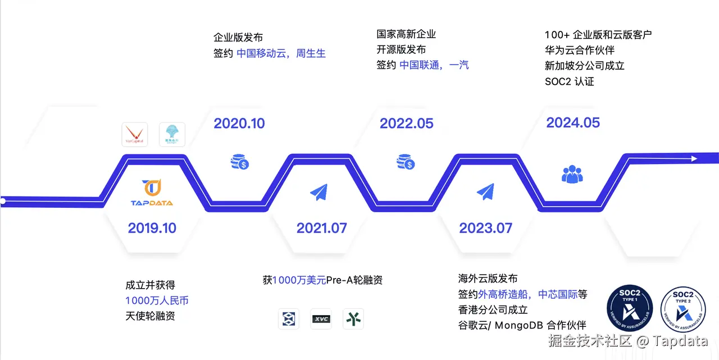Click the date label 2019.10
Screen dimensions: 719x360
152,228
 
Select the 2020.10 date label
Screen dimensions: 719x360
239,124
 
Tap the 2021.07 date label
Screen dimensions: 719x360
321,229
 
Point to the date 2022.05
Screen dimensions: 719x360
406,124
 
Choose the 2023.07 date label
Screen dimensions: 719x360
485,229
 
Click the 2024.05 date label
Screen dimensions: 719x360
573,122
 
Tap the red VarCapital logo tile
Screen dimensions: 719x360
135,135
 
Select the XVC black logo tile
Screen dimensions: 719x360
321,319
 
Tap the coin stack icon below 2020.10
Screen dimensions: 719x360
240,162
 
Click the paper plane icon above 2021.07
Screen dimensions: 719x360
318,192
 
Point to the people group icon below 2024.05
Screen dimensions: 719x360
572,174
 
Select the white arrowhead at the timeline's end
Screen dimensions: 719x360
694,158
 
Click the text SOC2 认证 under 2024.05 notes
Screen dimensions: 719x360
569,81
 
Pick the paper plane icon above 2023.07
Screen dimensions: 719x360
485,192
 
